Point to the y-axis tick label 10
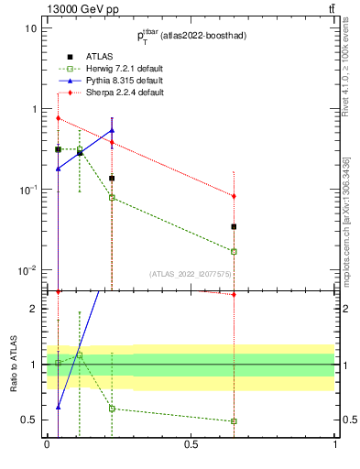pos(30,28)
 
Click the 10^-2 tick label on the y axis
pos(27,270)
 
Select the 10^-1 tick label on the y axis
pos(27,190)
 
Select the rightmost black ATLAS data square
pos(235,226)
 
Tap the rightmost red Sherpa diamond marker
pos(235,196)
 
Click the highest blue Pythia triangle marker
pos(112,130)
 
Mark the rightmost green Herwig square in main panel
pos(235,251)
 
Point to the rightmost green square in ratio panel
pos(235,421)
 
